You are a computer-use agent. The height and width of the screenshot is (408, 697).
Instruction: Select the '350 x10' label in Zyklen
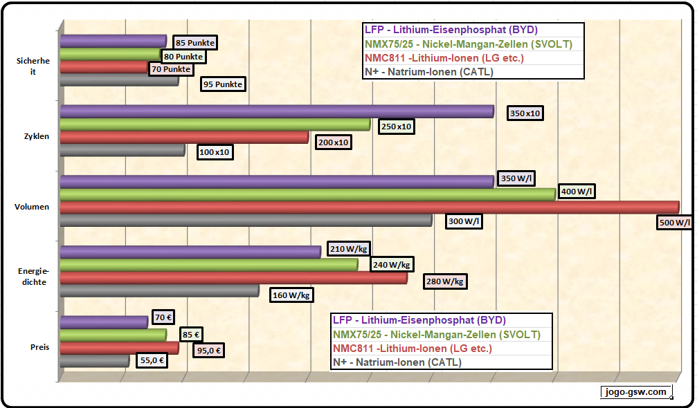(525, 113)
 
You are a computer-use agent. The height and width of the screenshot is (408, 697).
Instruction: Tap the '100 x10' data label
(215, 152)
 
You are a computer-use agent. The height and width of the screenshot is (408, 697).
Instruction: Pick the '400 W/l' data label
(576, 192)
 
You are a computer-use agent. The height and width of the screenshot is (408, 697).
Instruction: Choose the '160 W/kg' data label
(291, 295)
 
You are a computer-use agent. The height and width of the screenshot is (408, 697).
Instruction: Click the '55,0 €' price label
(152, 360)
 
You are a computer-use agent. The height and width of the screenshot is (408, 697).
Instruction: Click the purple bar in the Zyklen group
(276, 111)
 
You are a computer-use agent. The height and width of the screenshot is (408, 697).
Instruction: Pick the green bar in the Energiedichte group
(208, 264)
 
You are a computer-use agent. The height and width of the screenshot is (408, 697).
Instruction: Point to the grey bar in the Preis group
(94, 360)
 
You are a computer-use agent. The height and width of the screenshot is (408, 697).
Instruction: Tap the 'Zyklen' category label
(36, 136)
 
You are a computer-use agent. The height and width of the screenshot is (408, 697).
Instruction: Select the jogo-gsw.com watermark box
(636, 392)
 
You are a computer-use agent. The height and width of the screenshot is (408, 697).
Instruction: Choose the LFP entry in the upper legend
(451, 30)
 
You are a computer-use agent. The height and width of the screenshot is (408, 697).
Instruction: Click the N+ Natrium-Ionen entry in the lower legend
(397, 362)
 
